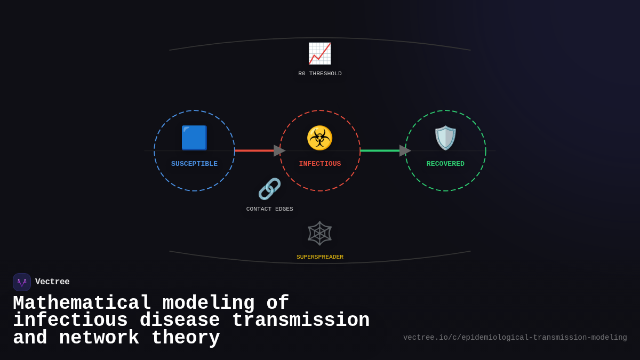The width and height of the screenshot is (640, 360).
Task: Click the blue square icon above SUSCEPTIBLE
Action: click(194, 138)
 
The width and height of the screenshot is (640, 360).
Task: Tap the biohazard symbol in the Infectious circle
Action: click(319, 138)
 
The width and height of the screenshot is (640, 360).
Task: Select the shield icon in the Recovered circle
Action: click(445, 138)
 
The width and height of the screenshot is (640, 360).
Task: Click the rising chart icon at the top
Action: click(319, 53)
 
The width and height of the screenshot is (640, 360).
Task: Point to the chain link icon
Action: click(269, 189)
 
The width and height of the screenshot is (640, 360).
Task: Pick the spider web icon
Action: click(319, 233)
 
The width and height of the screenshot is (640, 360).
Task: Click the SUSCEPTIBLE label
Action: click(194, 164)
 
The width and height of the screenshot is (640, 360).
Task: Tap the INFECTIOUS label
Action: click(319, 164)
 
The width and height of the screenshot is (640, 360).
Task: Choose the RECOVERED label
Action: click(445, 164)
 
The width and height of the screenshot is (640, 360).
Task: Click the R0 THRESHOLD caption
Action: click(319, 74)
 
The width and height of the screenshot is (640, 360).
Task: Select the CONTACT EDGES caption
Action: click(269, 209)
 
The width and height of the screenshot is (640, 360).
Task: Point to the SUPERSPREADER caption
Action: click(319, 257)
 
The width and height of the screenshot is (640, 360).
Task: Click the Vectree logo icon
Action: click(22, 282)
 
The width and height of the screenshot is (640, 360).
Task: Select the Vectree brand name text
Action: click(52, 282)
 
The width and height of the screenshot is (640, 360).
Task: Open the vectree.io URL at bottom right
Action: click(515, 338)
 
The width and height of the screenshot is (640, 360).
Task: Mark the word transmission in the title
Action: click(300, 321)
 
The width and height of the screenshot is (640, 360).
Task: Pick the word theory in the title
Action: click(186, 338)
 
